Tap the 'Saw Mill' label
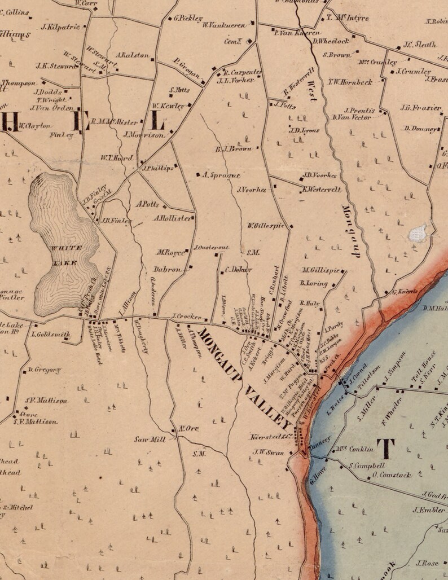(150, 439)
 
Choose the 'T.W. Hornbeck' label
(350, 82)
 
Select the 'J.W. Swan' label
(267, 451)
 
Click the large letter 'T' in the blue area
(386, 449)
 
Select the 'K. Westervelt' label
(322, 190)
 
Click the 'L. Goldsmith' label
(51, 334)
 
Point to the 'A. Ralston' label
(133, 55)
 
